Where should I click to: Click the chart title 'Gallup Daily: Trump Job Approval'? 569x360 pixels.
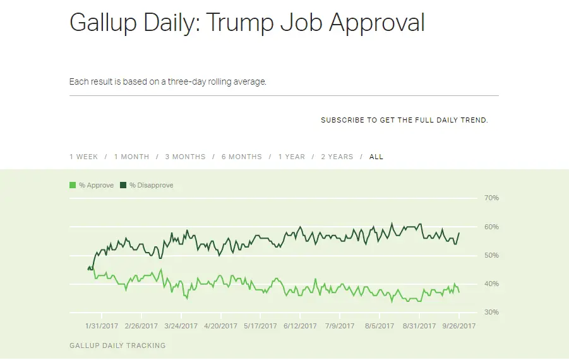247,23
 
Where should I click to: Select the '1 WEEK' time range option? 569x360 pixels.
83,157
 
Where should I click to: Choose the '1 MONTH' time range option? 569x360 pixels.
131,157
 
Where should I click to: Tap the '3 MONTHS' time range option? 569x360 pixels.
185,157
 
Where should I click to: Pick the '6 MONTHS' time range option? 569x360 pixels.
241,157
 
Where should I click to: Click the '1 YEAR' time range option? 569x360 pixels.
291,157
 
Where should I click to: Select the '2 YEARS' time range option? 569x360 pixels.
337,157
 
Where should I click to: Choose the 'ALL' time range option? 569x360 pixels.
376,157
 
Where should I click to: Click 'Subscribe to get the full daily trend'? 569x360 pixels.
404,120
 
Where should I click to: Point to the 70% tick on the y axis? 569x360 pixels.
491,198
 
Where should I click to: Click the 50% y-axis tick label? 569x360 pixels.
491,255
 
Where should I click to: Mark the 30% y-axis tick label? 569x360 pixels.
491,312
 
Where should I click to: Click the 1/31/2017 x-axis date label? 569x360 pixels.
101,327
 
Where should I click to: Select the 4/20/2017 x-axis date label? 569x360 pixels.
220,327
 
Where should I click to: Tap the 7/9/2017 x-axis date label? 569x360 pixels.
339,327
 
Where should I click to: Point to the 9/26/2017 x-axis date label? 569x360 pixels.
459,327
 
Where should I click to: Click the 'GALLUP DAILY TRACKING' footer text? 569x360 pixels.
117,345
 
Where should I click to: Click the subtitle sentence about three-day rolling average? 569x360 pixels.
168,82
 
